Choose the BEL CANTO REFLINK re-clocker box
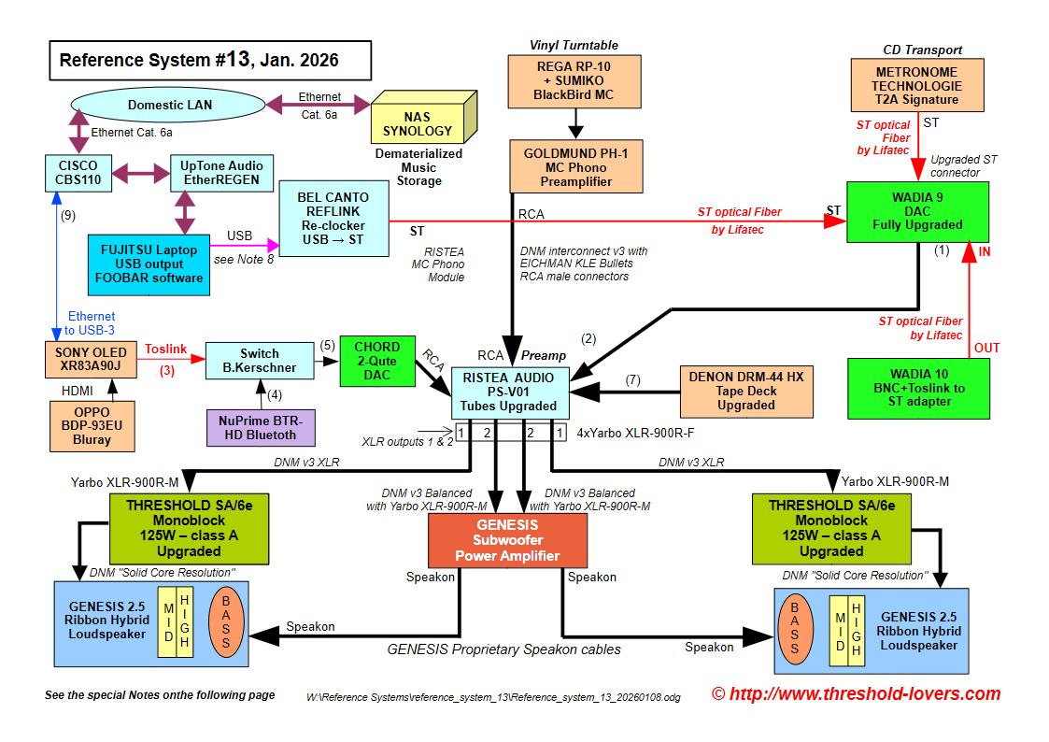coord(333,219)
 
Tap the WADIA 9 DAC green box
coord(917,212)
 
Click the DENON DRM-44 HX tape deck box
coord(745,390)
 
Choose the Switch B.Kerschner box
coord(259,361)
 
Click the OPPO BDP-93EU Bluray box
coord(91,427)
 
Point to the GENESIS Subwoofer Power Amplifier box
coord(507,540)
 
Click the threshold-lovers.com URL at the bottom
coord(856,693)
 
